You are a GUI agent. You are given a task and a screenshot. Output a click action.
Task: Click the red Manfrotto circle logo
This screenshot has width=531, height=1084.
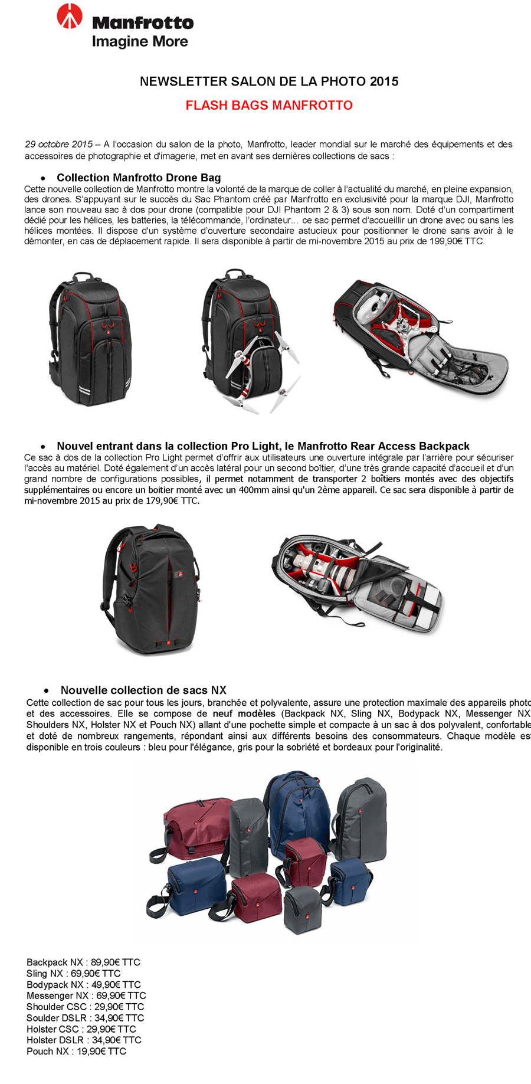(x=70, y=17)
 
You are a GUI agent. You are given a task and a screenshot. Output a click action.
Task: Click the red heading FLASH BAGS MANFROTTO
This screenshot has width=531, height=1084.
(x=269, y=106)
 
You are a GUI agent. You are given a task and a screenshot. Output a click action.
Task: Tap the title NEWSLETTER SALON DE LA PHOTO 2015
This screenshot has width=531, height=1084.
(x=269, y=81)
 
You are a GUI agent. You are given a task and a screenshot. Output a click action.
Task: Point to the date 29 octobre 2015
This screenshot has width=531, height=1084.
(x=58, y=145)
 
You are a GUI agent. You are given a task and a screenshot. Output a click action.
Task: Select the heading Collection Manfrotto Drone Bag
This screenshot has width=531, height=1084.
(x=139, y=178)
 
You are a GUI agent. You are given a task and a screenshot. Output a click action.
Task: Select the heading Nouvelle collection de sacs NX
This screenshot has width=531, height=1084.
(x=143, y=690)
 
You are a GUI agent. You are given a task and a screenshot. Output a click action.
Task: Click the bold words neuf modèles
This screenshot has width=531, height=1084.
(x=244, y=714)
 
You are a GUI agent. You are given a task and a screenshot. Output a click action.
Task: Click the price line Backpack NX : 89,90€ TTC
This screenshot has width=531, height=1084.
(x=83, y=962)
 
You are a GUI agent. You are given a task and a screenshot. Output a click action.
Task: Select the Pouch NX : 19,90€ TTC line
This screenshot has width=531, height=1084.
(x=76, y=1052)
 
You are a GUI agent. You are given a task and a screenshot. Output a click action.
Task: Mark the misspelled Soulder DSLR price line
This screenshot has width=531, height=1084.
(x=85, y=1018)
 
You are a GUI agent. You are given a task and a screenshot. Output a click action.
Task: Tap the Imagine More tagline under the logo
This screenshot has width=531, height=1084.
(x=140, y=41)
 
